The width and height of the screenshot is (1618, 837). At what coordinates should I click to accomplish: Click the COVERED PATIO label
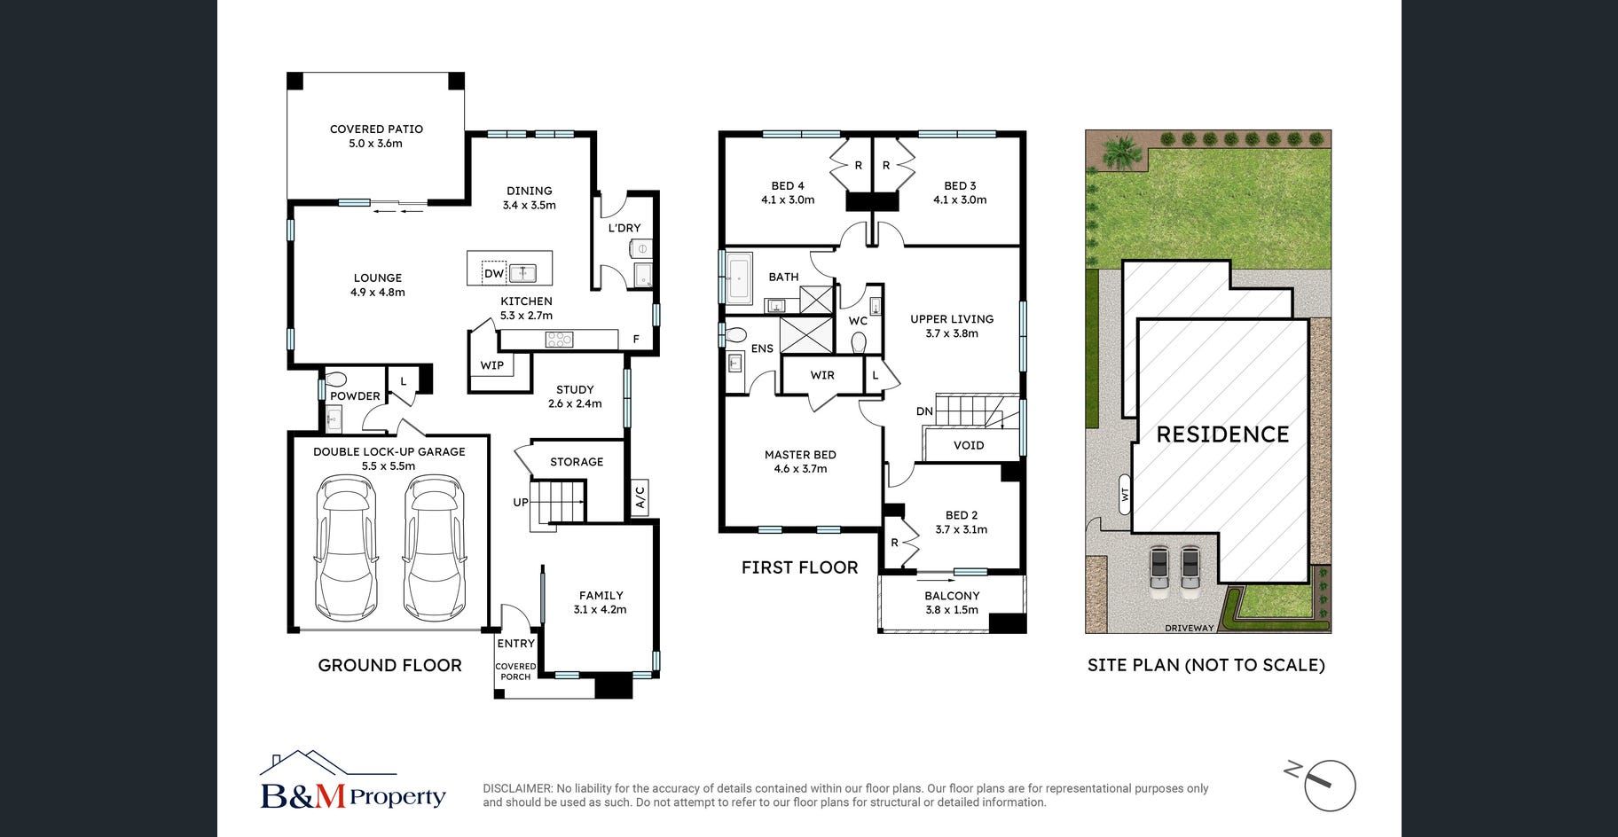376,129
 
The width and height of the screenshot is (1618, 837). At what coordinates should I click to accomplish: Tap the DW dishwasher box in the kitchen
494,273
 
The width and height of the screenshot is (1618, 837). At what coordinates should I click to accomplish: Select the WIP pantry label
492,365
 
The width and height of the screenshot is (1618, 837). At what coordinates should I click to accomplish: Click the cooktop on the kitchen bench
559,339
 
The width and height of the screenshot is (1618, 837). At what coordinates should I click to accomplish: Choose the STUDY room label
575,389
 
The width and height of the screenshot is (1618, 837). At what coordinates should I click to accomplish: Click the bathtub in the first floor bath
739,278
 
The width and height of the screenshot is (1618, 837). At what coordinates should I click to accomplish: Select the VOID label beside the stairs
969,445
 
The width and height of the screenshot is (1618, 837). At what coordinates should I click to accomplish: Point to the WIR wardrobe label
822,375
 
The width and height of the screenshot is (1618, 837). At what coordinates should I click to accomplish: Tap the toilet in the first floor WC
858,342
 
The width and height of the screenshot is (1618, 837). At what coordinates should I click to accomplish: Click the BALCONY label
952,596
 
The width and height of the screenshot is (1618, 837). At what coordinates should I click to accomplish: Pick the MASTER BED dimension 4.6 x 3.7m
800,469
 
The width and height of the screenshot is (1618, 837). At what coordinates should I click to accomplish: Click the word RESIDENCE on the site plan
1222,434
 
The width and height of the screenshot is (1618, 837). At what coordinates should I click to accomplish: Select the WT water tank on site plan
1125,495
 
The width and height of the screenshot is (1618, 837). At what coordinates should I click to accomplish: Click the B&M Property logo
352,781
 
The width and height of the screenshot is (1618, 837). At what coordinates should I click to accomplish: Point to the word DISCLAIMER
516,788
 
